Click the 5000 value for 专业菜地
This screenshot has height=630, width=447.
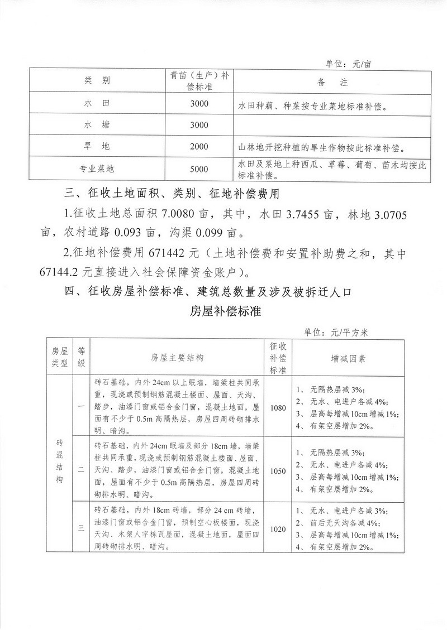(199, 169)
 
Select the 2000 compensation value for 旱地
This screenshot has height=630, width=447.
(199, 147)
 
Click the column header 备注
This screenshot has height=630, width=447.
(332, 82)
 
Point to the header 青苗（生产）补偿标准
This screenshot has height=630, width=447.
(199, 82)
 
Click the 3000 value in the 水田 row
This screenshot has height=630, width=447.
(199, 104)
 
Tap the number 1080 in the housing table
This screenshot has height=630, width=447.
(277, 407)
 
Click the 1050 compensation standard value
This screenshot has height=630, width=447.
(277, 470)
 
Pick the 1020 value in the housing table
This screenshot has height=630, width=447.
(277, 528)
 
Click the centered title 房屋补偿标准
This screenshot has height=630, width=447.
(223, 311)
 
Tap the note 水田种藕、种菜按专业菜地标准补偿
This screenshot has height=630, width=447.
(313, 104)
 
